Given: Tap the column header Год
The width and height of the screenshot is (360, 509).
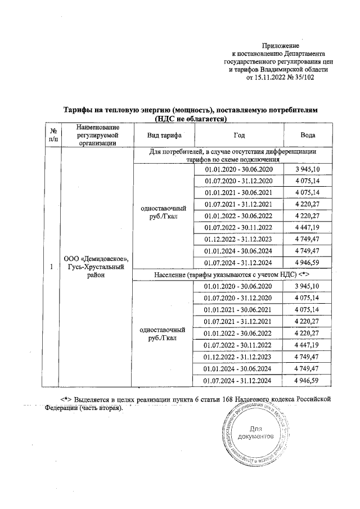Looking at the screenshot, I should (x=239, y=136).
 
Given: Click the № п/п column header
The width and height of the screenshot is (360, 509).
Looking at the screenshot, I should (x=53, y=136).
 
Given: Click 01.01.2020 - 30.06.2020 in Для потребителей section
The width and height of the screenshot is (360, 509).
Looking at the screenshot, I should (x=239, y=169).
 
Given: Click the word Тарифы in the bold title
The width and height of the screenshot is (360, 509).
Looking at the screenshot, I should (x=80, y=111).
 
